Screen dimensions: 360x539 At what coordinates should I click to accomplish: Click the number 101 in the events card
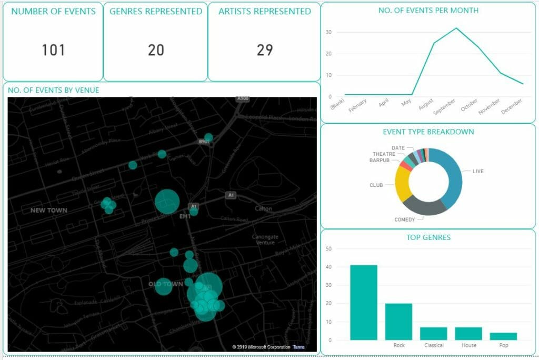click(x=53, y=50)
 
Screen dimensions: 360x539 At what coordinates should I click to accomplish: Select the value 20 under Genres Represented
click(x=156, y=50)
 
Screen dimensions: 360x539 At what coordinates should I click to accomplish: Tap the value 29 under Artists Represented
click(x=265, y=50)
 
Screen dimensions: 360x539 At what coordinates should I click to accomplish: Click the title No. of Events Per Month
click(x=428, y=10)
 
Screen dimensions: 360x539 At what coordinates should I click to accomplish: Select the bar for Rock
click(x=398, y=321)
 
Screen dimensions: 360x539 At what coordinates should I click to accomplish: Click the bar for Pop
click(x=503, y=336)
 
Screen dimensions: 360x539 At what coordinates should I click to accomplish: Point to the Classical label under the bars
click(x=434, y=345)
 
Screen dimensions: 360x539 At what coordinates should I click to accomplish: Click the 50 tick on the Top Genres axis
click(x=330, y=249)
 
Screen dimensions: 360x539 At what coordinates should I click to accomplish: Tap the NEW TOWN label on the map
click(x=49, y=211)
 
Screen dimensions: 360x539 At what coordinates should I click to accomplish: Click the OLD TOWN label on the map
click(x=166, y=284)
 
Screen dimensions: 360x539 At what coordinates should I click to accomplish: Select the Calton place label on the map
click(x=263, y=208)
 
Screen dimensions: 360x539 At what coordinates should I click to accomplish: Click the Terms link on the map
click(x=298, y=347)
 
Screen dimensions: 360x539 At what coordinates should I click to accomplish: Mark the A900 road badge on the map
click(x=243, y=98)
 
